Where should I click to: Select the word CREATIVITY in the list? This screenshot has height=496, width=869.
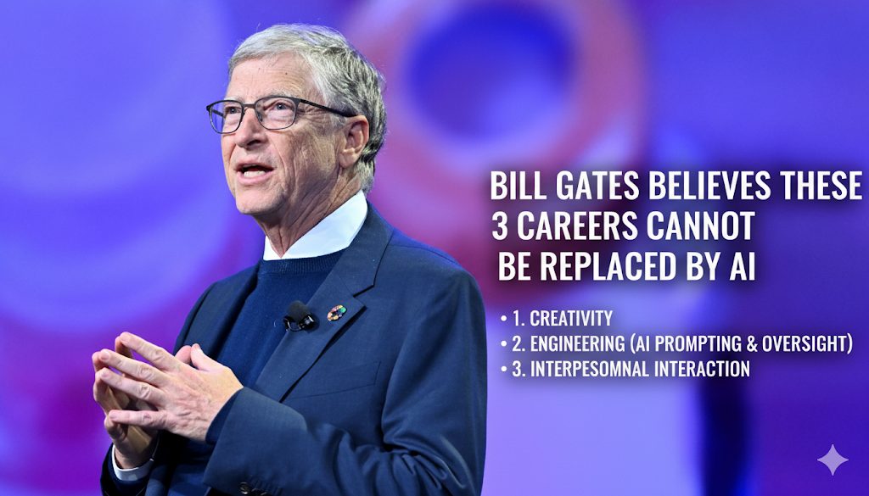tap(571, 318)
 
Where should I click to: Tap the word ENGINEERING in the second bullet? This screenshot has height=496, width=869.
tap(577, 343)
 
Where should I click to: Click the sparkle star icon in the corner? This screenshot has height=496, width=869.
tap(833, 460)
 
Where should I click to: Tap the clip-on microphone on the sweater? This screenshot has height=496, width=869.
tap(300, 315)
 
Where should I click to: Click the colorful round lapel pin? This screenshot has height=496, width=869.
tap(336, 313)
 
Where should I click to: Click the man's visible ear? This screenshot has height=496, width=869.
tap(354, 141)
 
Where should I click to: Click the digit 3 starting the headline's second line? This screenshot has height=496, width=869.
tap(499, 226)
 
